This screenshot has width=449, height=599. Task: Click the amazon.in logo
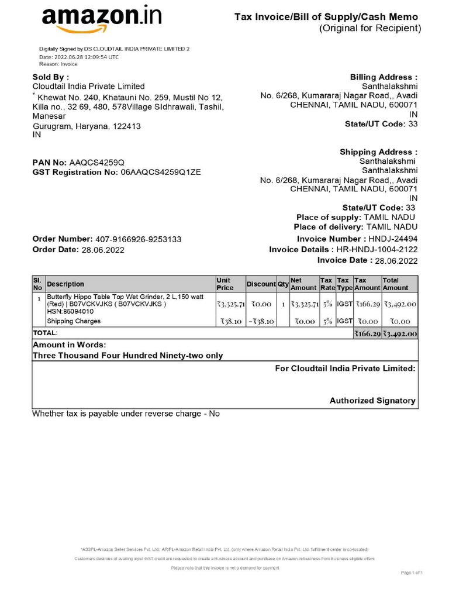101,19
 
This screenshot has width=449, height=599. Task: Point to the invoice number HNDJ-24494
393,239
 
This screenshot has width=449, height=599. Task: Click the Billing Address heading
384,77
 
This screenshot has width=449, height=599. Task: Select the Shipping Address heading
379,152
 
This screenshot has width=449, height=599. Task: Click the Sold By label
50,77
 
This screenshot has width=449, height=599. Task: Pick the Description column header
65,284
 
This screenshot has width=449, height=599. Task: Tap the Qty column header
283,284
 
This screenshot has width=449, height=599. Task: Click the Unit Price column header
225,284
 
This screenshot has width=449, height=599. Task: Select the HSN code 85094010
70,312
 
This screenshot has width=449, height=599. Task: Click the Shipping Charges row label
74,321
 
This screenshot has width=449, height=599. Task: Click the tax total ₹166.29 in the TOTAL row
367,334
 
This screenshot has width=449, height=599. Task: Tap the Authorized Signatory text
372,401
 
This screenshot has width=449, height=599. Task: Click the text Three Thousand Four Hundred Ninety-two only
127,355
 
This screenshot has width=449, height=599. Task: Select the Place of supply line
357,217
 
